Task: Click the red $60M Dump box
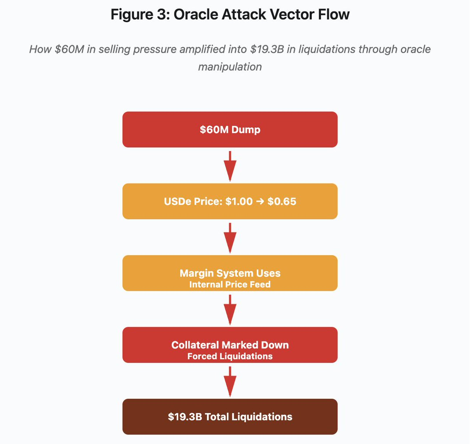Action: coord(230,130)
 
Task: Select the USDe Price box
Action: coord(230,201)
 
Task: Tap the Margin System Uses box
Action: coord(230,273)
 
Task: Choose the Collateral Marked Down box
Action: coord(230,345)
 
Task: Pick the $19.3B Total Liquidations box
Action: coord(230,416)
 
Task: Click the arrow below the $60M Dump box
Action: coord(230,165)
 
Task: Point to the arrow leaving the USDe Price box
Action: coord(230,237)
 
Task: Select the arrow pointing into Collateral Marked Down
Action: coord(230,309)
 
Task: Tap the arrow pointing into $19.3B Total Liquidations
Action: coord(230,381)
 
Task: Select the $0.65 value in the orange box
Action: coord(282,202)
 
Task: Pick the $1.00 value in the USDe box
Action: coord(239,202)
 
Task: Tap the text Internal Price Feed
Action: coord(230,284)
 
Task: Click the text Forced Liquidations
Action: coord(230,356)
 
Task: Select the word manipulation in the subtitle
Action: coord(230,67)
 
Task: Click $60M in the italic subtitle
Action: coord(69,49)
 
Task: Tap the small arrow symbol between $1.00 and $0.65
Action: coord(260,202)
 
